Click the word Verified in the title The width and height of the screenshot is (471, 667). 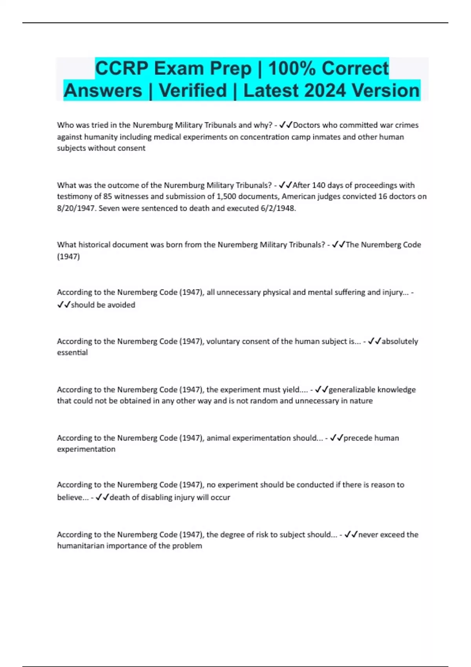[x=193, y=91]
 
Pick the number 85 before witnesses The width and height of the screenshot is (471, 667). [x=108, y=197]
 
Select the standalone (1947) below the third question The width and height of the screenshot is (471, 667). [x=68, y=257]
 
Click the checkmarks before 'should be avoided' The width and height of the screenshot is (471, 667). [x=64, y=305]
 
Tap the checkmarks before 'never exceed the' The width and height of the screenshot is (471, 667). [x=351, y=534]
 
